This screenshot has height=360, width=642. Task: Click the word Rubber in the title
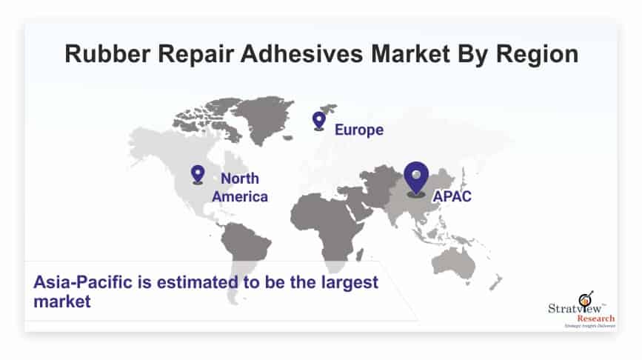[x=107, y=53]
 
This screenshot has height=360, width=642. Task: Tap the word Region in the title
[x=537, y=55]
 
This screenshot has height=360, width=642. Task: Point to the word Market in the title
[x=411, y=53]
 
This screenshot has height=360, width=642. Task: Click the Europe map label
[x=359, y=130]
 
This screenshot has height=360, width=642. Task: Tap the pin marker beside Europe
[x=319, y=121]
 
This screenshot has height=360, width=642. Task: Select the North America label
[x=240, y=187]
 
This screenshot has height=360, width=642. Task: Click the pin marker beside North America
[x=198, y=175]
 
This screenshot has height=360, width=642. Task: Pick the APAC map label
[x=452, y=196]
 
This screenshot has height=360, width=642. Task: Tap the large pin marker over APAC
[x=416, y=179]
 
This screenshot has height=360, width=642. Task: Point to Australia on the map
[x=454, y=262]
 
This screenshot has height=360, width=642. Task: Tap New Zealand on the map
[x=495, y=283]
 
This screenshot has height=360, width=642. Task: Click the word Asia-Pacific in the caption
[x=83, y=283]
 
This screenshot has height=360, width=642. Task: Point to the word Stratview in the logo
[x=575, y=308]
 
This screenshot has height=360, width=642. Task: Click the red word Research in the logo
[x=596, y=319]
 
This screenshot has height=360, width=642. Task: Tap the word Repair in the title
[x=195, y=55]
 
